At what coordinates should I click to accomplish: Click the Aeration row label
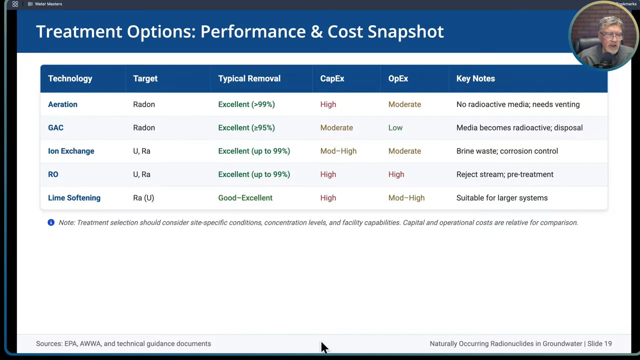click(62, 104)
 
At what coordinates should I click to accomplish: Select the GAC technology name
click(55, 127)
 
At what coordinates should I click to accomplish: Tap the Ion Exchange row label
click(71, 151)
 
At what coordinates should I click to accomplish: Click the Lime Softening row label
click(74, 198)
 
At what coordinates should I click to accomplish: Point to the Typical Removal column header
click(249, 78)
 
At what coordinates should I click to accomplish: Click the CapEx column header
click(332, 78)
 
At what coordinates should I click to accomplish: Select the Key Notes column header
click(475, 78)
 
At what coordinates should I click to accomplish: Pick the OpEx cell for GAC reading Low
click(395, 127)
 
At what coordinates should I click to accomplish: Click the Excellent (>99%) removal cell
click(246, 104)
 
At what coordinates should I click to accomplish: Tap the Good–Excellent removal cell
click(245, 198)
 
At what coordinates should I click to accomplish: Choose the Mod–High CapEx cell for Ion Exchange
click(338, 151)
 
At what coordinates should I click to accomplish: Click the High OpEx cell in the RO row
click(396, 174)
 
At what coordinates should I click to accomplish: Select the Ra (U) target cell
click(143, 198)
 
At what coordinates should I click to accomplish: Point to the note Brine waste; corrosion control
click(507, 151)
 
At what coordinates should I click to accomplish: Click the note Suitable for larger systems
click(501, 198)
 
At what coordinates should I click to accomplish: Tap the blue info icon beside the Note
click(51, 222)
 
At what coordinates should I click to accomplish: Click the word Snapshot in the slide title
click(405, 31)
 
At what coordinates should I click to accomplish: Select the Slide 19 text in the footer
click(599, 343)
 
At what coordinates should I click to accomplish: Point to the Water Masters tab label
click(48, 4)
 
